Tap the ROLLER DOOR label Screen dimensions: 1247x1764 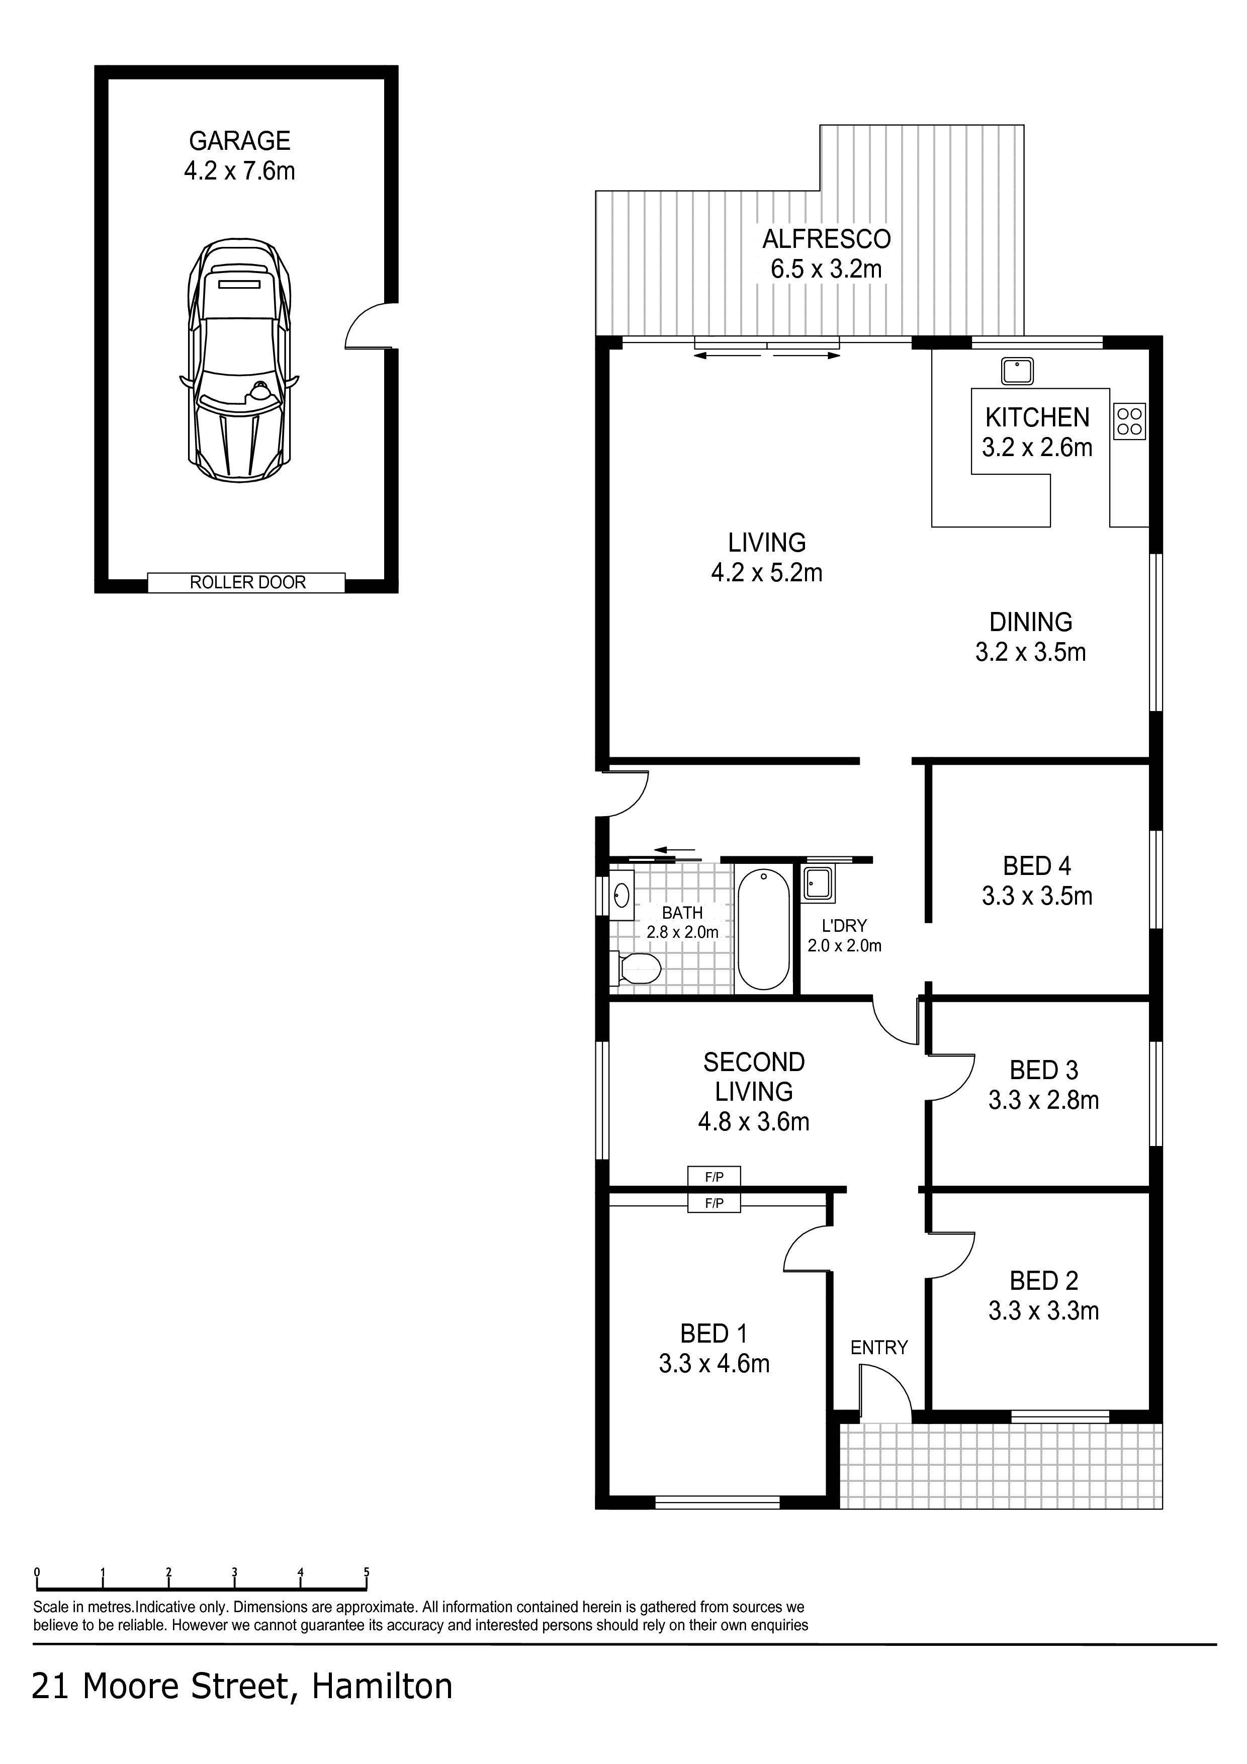[x=247, y=582]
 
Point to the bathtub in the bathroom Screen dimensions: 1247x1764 [x=763, y=928]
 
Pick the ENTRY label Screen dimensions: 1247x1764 [x=879, y=1348]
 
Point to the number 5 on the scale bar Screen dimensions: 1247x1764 [x=367, y=1572]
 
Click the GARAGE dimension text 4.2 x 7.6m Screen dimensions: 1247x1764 [x=239, y=170]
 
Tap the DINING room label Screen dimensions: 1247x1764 [x=1030, y=622]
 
